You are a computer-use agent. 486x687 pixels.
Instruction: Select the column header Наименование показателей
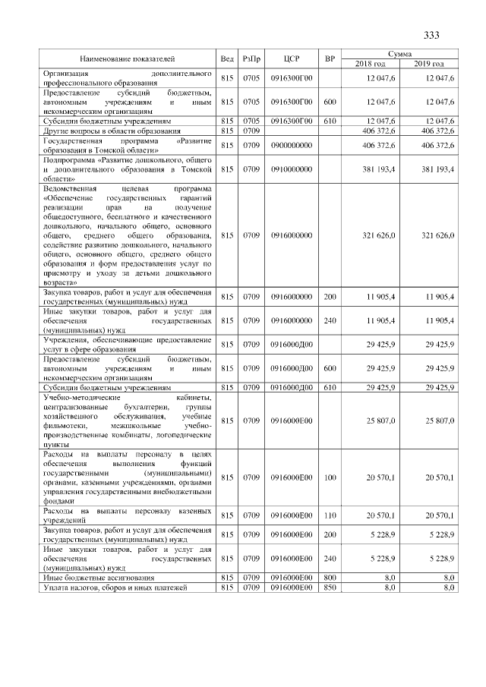(128, 58)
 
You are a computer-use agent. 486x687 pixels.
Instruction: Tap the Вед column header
(226, 58)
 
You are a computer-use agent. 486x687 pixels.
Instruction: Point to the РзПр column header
(251, 58)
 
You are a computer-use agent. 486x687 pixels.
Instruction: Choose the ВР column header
(330, 58)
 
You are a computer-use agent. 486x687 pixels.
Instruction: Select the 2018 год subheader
(370, 63)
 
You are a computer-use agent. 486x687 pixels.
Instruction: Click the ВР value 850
(330, 588)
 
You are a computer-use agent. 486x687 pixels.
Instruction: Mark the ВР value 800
(330, 579)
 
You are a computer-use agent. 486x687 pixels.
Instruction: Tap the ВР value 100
(330, 478)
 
